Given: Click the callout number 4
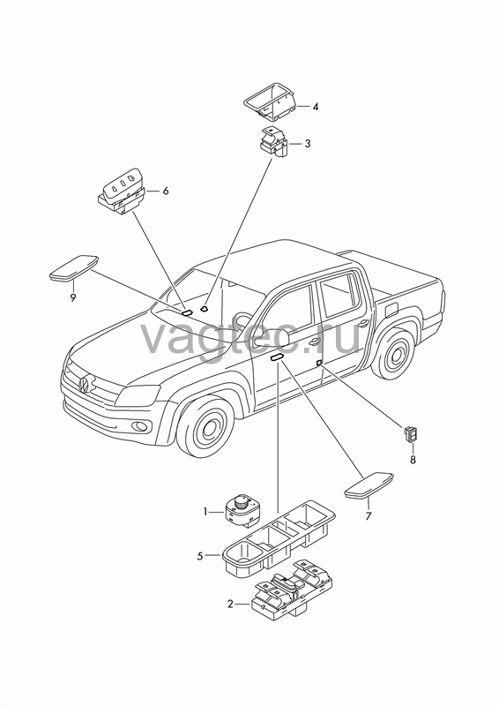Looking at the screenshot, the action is click(x=316, y=107).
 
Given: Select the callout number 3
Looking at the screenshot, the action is click(x=308, y=144).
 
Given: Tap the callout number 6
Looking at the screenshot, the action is click(x=166, y=191).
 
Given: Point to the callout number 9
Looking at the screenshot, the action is click(x=73, y=297).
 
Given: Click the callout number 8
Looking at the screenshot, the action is click(x=413, y=460).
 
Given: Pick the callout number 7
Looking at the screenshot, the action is click(x=369, y=516).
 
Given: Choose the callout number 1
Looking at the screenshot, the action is click(x=205, y=512).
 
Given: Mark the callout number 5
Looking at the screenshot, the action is click(x=200, y=556).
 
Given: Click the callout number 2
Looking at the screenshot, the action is click(x=230, y=605).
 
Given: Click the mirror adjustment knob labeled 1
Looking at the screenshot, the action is click(x=242, y=509).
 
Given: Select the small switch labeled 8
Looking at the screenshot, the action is click(x=410, y=434).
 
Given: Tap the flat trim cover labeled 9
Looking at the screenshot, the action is click(x=74, y=268).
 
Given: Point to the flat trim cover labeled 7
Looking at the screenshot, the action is click(x=369, y=485).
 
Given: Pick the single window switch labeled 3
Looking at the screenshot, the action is click(x=272, y=142).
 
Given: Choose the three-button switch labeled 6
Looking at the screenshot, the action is click(x=121, y=192).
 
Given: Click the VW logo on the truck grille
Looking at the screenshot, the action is click(x=84, y=384).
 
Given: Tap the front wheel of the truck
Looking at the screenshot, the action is click(x=205, y=424).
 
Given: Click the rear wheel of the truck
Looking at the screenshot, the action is click(x=394, y=355).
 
